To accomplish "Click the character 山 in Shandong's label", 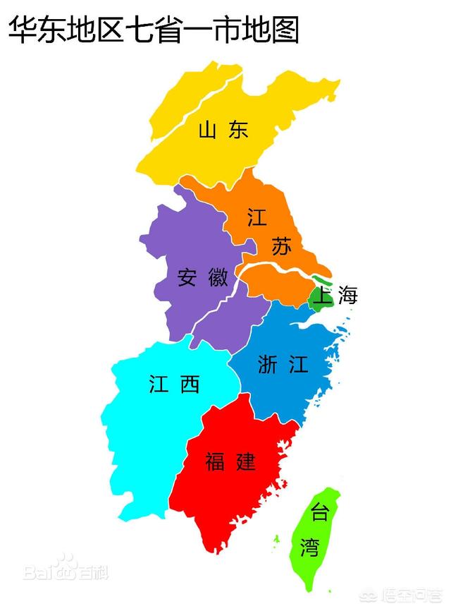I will click(207, 130).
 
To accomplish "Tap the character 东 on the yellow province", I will click(238, 130).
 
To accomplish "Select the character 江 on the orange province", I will click(257, 217).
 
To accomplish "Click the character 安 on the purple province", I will click(187, 277).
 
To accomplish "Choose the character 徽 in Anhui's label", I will click(218, 277).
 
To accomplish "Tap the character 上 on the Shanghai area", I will click(322, 296).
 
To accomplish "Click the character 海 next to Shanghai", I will click(347, 296).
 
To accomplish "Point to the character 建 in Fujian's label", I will click(246, 462).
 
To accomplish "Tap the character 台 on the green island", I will click(320, 513).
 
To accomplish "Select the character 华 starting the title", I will click(22, 30).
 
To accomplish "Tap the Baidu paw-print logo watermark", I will click(66, 564).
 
